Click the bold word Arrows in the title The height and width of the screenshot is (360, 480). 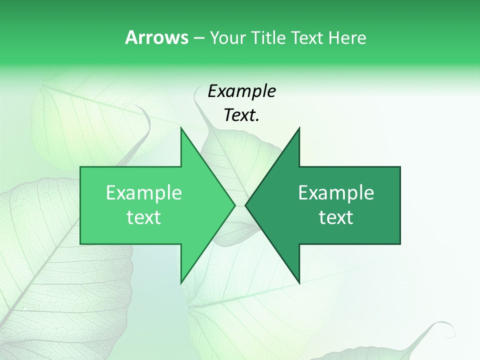(156, 37)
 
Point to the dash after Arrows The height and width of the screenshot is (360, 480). (198, 38)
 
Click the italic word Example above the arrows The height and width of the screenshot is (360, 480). (241, 91)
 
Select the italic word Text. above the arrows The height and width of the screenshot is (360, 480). (241, 115)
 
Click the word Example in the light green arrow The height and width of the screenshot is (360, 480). (143, 193)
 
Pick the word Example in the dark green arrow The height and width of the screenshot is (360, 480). (336, 193)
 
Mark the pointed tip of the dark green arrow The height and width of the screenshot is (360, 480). (246, 205)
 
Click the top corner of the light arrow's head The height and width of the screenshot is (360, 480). (181, 128)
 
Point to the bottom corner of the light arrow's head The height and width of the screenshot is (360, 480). (181, 282)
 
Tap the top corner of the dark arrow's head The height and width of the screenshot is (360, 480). (299, 128)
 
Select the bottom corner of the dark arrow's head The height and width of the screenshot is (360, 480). (299, 282)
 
